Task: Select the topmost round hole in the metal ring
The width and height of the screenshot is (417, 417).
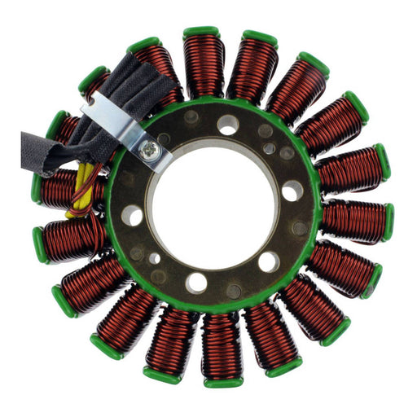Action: (228, 125)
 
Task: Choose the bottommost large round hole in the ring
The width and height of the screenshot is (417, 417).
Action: (196, 283)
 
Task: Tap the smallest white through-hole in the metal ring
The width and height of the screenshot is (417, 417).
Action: (155, 258)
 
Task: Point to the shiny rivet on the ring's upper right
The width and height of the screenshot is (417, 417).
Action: (270, 148)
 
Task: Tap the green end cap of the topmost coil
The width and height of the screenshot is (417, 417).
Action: (201, 32)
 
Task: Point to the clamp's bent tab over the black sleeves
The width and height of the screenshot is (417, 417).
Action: (99, 106)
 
